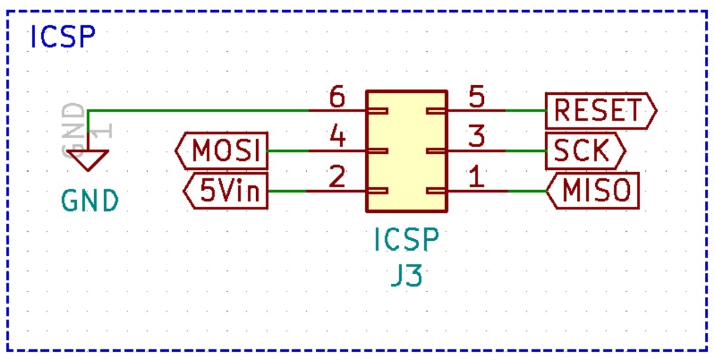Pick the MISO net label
point(593,191)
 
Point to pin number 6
point(337,98)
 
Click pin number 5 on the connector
point(476,98)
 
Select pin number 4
point(337,138)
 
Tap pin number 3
point(476,138)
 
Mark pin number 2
point(337,178)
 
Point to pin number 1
point(476,178)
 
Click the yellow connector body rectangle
point(406,151)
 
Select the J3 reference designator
point(406,277)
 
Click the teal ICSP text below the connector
point(406,240)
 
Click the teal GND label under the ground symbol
point(90,201)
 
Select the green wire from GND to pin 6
point(197,111)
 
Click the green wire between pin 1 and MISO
point(527,191)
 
